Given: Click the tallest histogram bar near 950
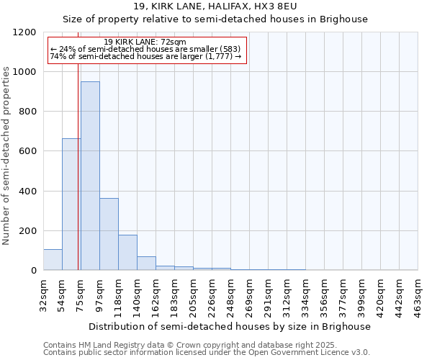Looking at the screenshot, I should [90, 176].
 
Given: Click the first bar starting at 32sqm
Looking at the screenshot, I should [53, 259].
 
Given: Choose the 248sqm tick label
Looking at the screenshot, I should [231, 294].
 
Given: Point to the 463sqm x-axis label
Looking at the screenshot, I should [418, 294].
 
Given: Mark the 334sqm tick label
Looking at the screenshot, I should [306, 294].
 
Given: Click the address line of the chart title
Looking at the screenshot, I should [215, 7].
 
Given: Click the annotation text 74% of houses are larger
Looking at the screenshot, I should [146, 56].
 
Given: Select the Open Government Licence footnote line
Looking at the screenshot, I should [207, 353].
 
